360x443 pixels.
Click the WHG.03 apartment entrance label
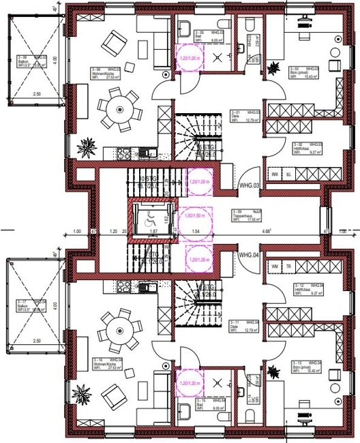point(247,185)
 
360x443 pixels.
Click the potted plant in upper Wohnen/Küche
point(87,147)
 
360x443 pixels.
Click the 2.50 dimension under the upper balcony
point(35,93)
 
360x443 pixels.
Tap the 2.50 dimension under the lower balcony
point(35,340)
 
